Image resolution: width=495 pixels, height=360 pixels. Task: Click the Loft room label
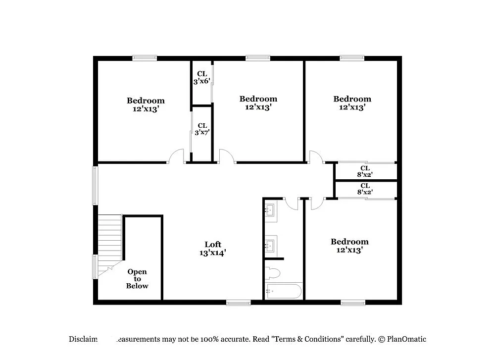point(213,248)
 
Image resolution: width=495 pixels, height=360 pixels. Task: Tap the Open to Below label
point(137,279)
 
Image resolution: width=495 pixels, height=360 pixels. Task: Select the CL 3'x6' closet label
point(202,77)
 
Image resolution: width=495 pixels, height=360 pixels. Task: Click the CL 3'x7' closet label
point(202,129)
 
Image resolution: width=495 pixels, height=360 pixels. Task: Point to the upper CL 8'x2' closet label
point(365,171)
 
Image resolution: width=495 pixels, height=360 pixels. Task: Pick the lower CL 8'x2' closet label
point(365,189)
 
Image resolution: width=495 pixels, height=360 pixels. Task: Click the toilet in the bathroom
point(273,272)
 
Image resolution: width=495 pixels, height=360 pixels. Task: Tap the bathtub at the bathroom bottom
point(284,291)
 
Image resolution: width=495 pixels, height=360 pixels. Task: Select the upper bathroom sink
point(270,210)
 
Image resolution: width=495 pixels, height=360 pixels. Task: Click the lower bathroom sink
point(270,244)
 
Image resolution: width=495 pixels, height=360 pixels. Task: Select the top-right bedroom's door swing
point(315,157)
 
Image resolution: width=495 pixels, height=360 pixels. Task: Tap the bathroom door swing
point(293,204)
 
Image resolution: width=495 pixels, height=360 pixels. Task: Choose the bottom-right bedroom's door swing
point(317,204)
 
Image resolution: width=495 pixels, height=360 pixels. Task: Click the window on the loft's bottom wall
point(239,302)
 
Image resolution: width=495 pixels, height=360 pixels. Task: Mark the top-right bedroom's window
point(352,58)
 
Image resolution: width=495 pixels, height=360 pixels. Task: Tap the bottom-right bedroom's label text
point(349,246)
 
